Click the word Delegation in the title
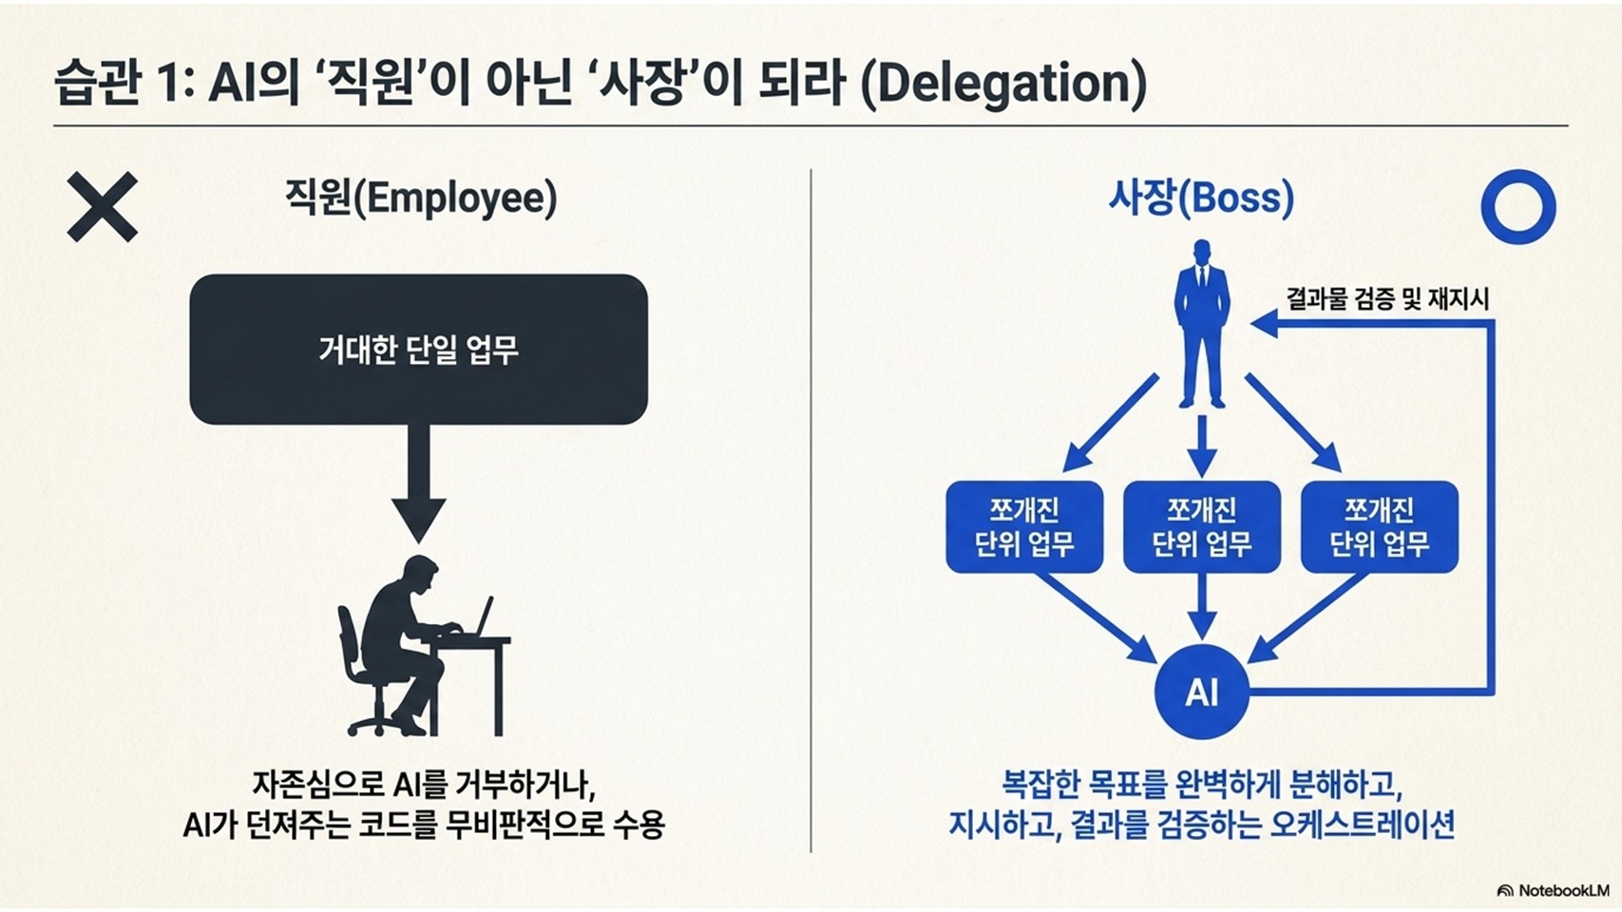[1003, 84]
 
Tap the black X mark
[102, 207]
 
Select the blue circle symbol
[1517, 207]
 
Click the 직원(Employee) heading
[421, 197]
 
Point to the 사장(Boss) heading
[1201, 197]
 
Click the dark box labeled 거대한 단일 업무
[418, 349]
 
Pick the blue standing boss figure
[1202, 324]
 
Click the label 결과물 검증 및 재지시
[1386, 299]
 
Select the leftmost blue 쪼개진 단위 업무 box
[1024, 527]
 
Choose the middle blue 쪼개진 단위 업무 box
[1202, 527]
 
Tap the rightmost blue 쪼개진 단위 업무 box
[1380, 527]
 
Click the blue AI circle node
[1202, 692]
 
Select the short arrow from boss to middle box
[1202, 446]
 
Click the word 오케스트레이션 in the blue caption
[1362, 825]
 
